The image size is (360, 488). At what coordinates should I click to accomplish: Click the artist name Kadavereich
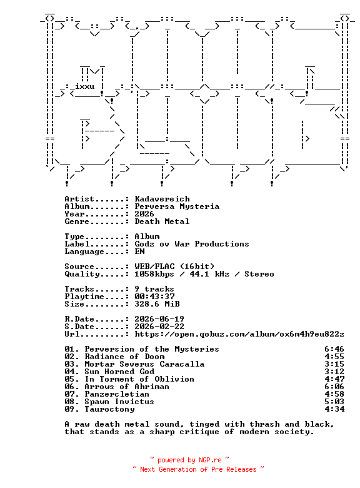pyautogui.click(x=162, y=199)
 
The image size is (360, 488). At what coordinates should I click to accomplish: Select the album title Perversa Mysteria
pyautogui.click(x=177, y=206)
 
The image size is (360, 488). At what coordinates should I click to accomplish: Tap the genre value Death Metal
pyautogui.click(x=162, y=221)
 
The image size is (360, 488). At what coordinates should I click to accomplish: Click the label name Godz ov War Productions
pyautogui.click(x=192, y=244)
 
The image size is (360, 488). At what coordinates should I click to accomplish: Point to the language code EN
pyautogui.click(x=139, y=252)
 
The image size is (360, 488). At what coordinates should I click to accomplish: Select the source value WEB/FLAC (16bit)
pyautogui.click(x=174, y=267)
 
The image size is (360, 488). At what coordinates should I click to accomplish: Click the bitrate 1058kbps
pyautogui.click(x=154, y=274)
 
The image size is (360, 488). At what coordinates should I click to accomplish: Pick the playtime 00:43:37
pyautogui.click(x=154, y=297)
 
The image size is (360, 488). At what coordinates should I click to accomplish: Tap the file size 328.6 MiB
pyautogui.click(x=157, y=304)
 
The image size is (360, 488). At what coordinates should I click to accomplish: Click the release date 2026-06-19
pyautogui.click(x=159, y=319)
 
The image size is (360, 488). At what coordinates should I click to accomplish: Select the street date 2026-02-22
pyautogui.click(x=159, y=327)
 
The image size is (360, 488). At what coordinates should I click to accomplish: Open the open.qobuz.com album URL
pyautogui.click(x=239, y=334)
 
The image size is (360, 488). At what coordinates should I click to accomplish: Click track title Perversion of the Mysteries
pyautogui.click(x=152, y=349)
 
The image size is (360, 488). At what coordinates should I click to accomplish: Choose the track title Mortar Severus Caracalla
pyautogui.click(x=144, y=364)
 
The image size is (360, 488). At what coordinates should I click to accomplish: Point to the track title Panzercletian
pyautogui.click(x=117, y=394)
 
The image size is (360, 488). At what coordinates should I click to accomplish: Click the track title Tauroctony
pyautogui.click(x=110, y=409)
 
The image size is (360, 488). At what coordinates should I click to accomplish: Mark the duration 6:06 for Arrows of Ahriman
pyautogui.click(x=334, y=387)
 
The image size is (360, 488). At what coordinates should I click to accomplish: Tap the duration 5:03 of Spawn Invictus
pyautogui.click(x=334, y=402)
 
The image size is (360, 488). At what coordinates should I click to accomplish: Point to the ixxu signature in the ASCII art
pyautogui.click(x=85, y=86)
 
